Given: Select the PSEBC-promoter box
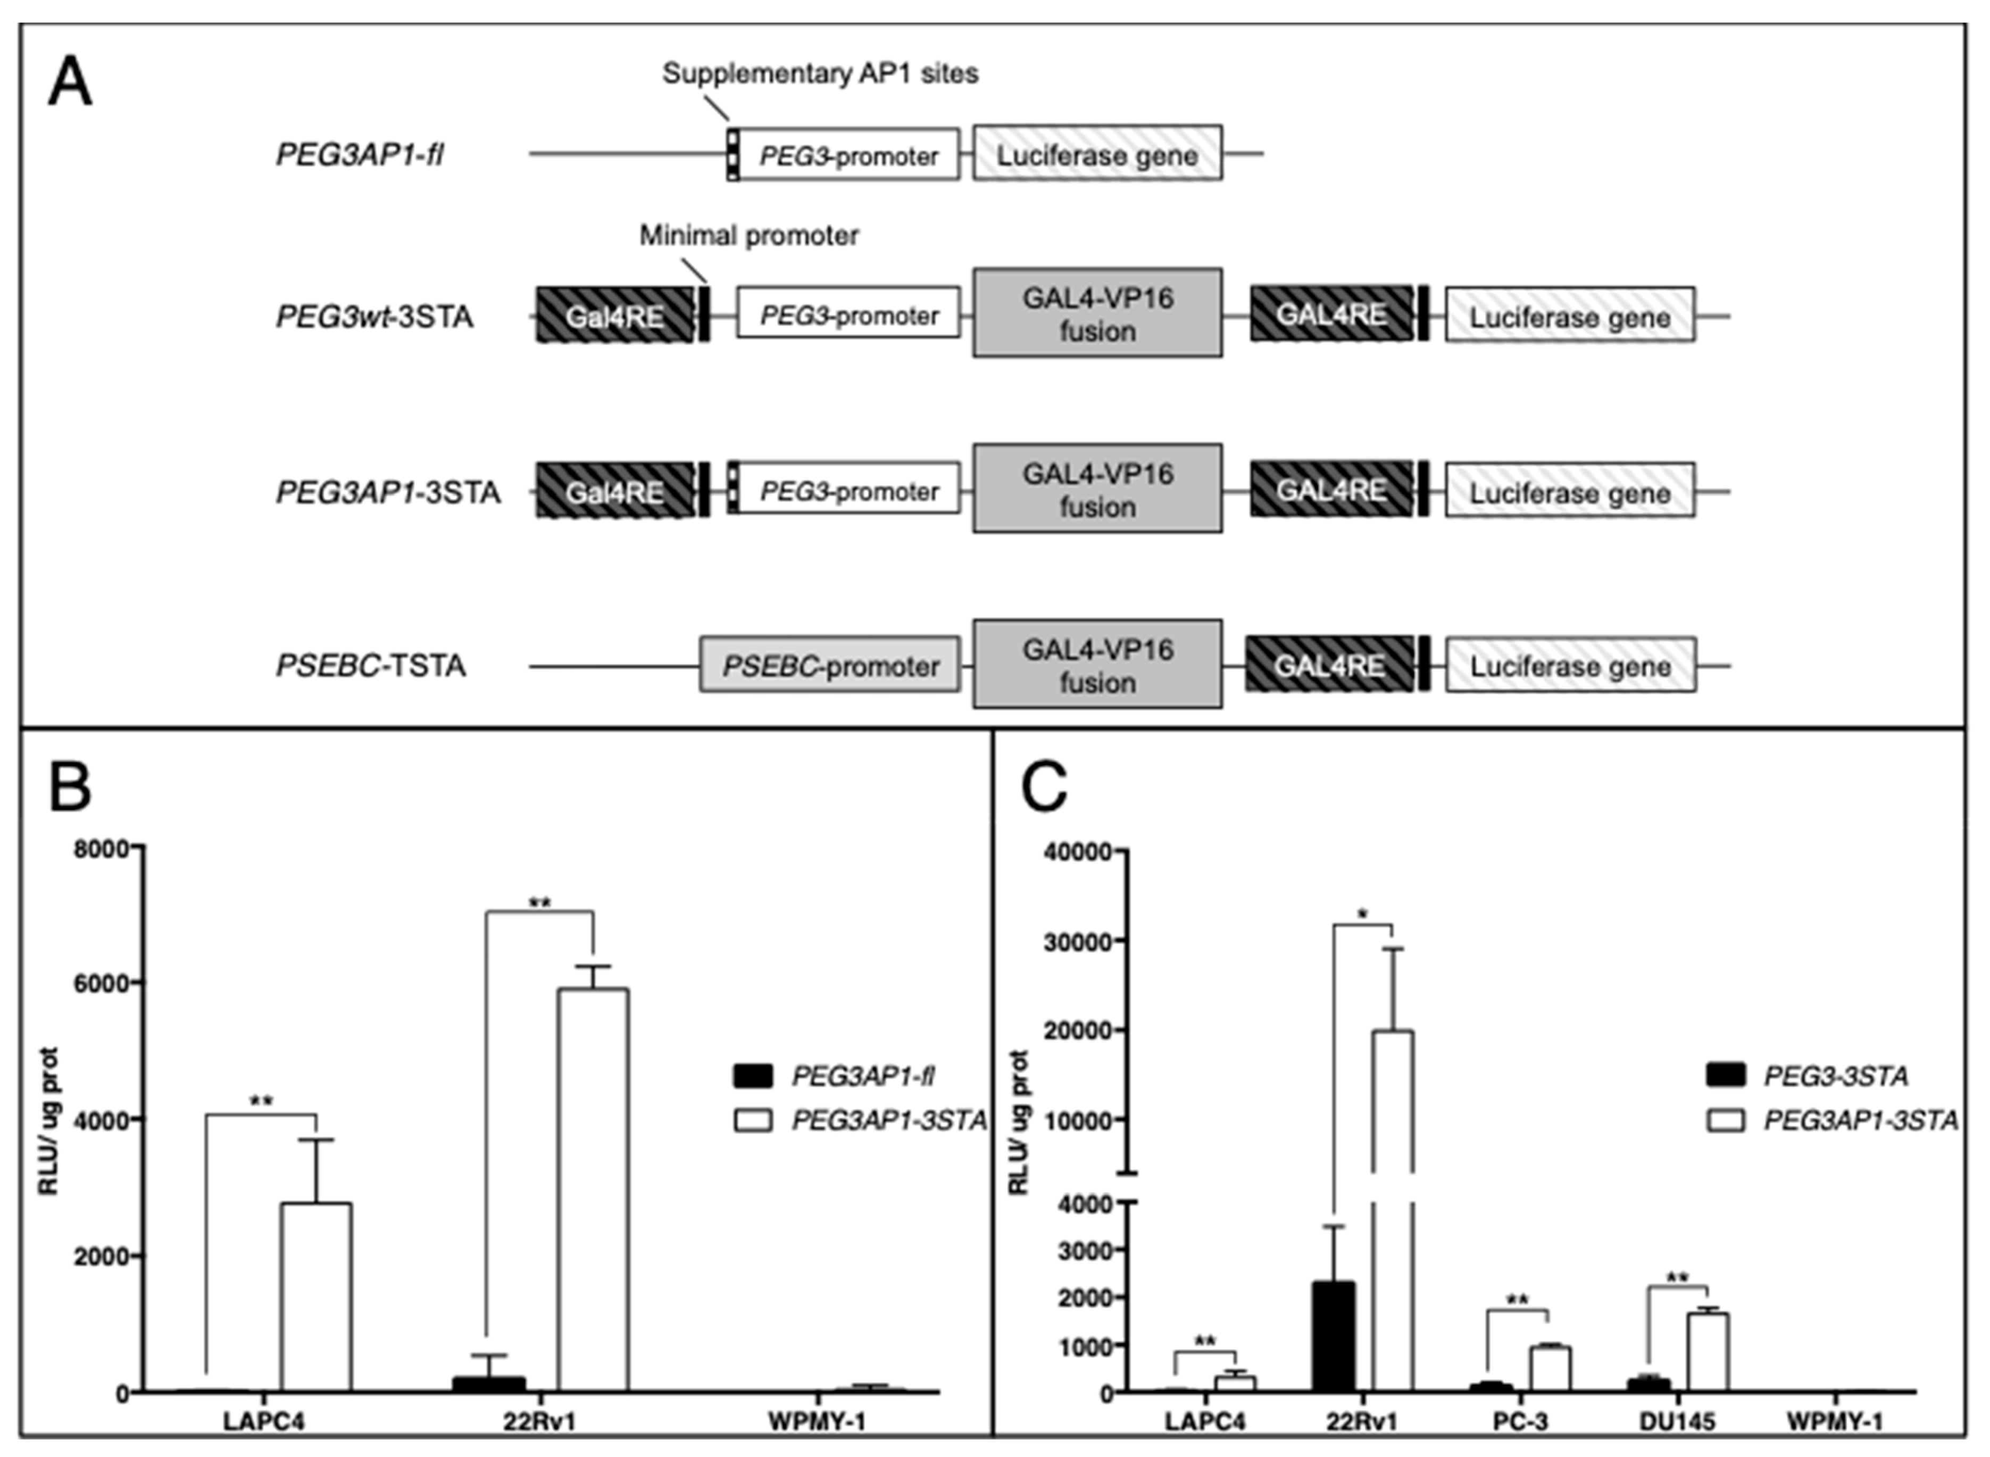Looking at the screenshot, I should pyautogui.click(x=830, y=666).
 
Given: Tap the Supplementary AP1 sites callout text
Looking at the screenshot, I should pyautogui.click(x=820, y=73).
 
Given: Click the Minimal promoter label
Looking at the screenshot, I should pyautogui.click(x=748, y=236).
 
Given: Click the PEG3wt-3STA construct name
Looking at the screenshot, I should pyautogui.click(x=374, y=316).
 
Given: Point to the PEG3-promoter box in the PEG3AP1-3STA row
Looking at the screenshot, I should pyautogui.click(x=848, y=491).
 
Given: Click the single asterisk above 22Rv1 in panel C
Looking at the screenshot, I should pyautogui.click(x=1363, y=915).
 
